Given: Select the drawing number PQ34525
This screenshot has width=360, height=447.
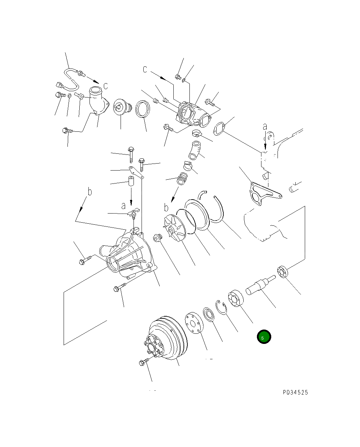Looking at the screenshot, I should (x=295, y=392).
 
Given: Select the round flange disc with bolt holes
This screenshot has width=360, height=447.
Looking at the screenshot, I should (x=194, y=322).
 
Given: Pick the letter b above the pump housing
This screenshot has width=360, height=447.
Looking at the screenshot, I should (x=90, y=192).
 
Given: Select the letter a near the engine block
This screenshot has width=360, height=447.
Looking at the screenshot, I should (x=265, y=127).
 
